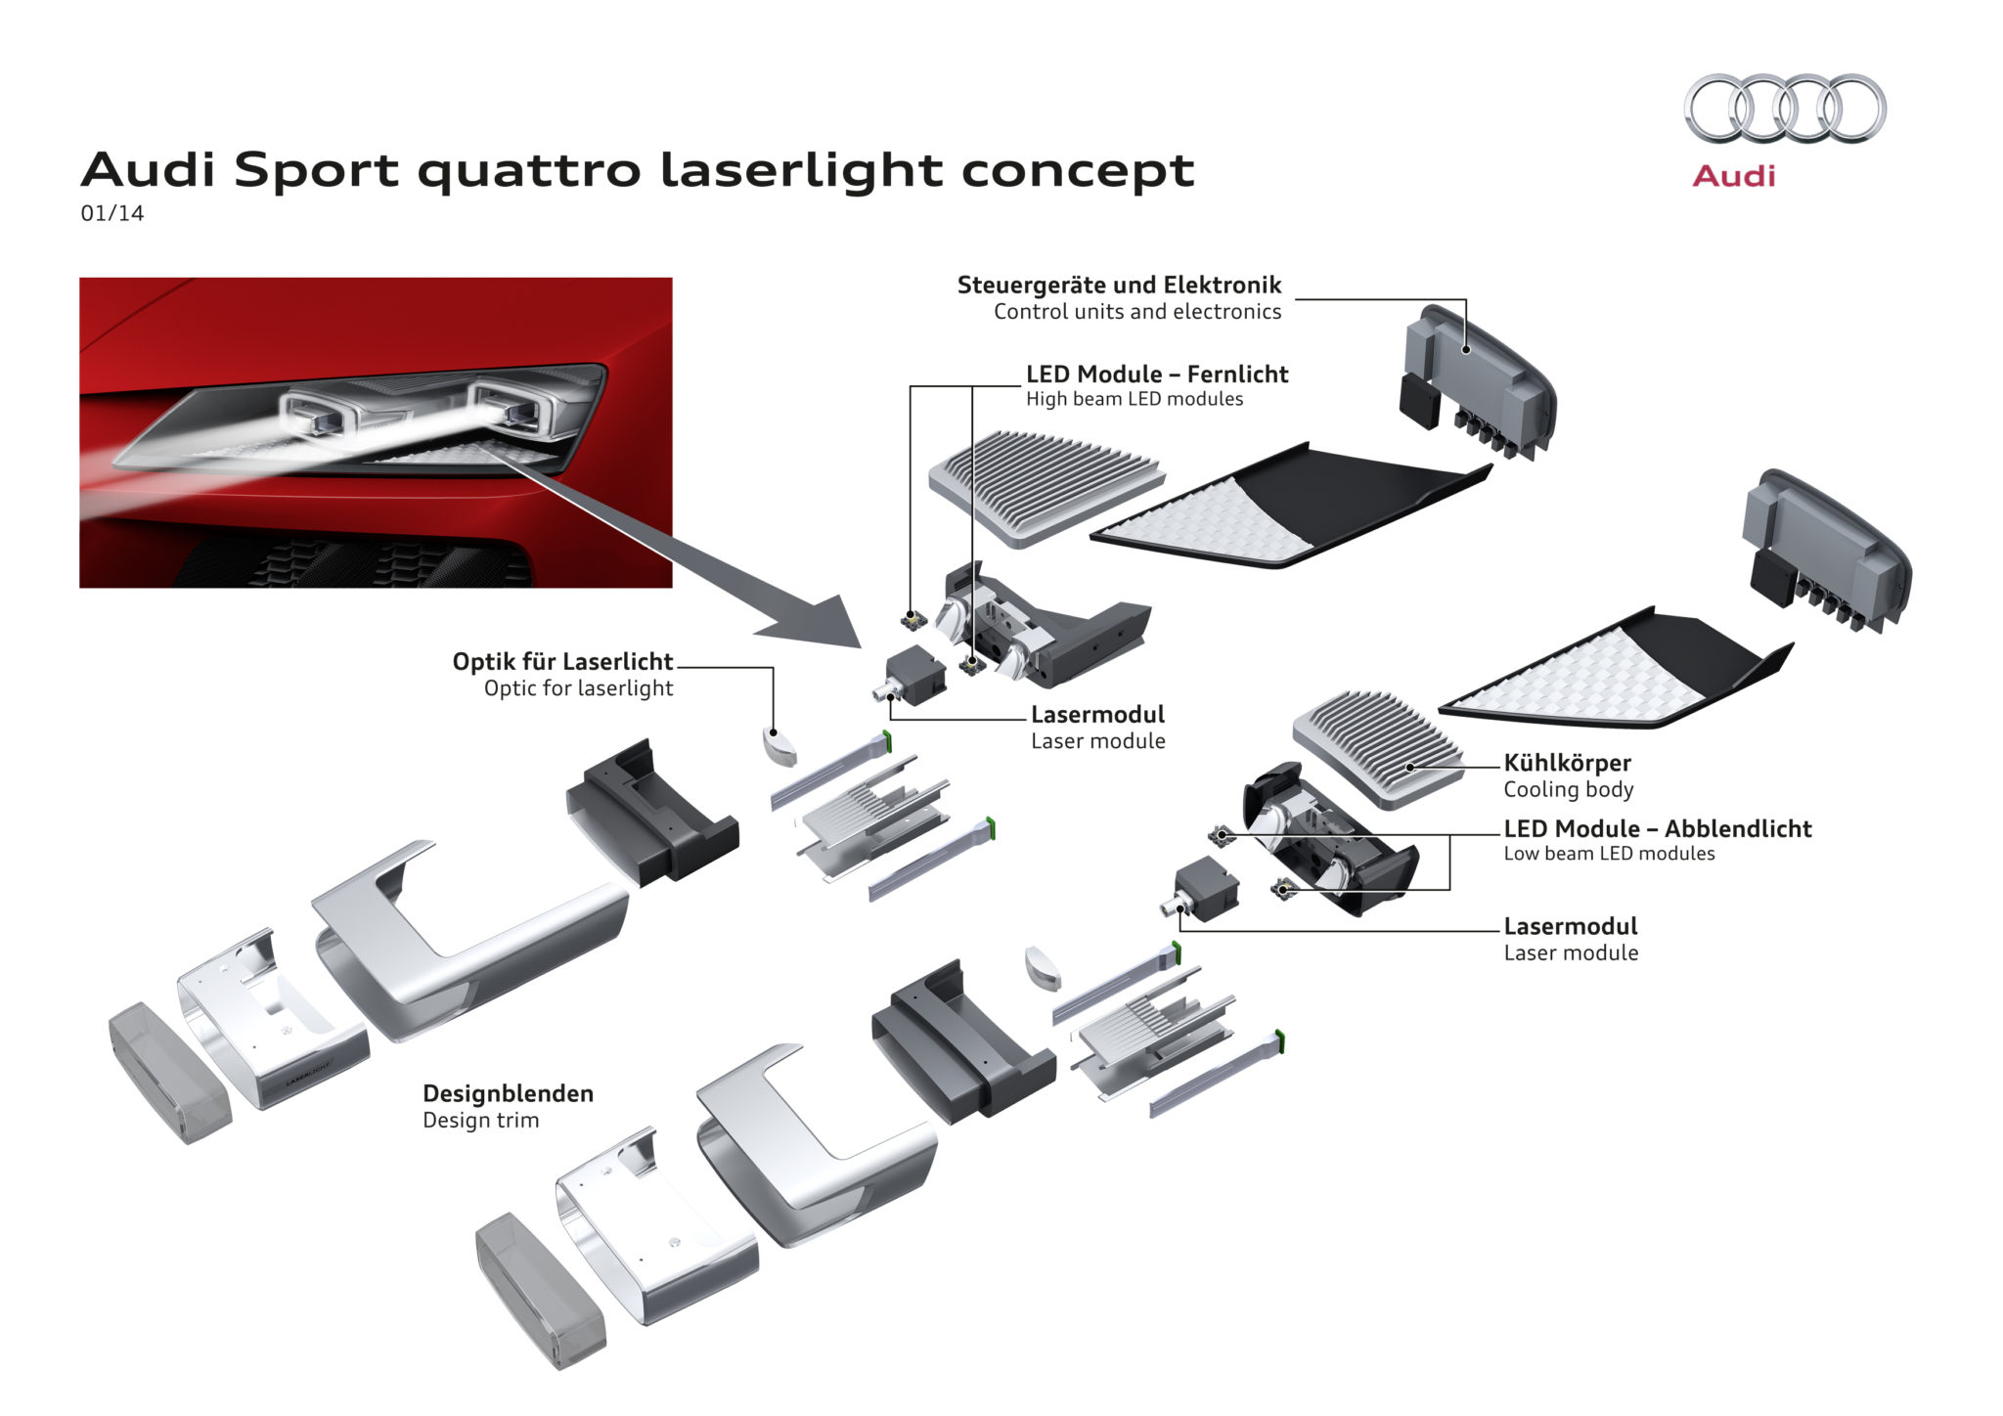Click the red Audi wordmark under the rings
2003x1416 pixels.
click(1733, 176)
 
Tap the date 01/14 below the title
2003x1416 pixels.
click(111, 213)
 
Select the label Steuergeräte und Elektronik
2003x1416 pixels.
click(1119, 286)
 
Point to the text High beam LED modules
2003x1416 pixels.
click(1135, 399)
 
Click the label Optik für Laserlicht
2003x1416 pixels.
click(562, 662)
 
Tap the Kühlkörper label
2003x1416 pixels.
click(1567, 763)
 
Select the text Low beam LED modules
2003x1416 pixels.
click(1609, 854)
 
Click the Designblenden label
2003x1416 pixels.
click(508, 1094)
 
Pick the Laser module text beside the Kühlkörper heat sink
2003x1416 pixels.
click(1571, 953)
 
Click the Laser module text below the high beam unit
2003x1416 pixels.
click(1097, 741)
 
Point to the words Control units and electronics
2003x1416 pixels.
click(1137, 312)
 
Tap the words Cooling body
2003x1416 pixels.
click(1568, 790)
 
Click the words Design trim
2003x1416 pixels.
click(480, 1121)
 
